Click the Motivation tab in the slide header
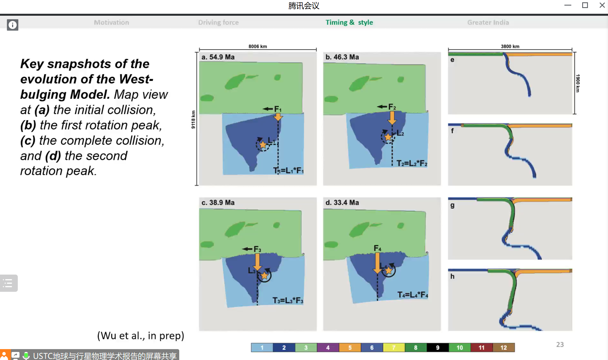point(112,22)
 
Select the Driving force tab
point(218,22)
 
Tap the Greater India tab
point(488,22)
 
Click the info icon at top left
point(13,25)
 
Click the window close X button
point(602,5)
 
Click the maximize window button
point(585,5)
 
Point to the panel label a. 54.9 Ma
point(218,57)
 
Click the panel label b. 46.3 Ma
point(342,57)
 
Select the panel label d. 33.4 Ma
point(342,203)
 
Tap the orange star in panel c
point(264,276)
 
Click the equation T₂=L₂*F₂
point(412,163)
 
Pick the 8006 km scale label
point(258,46)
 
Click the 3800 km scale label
point(510,46)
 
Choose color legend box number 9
point(438,347)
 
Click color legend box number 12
point(504,347)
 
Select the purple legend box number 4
point(328,347)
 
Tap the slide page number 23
point(560,345)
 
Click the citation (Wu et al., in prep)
point(141,336)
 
